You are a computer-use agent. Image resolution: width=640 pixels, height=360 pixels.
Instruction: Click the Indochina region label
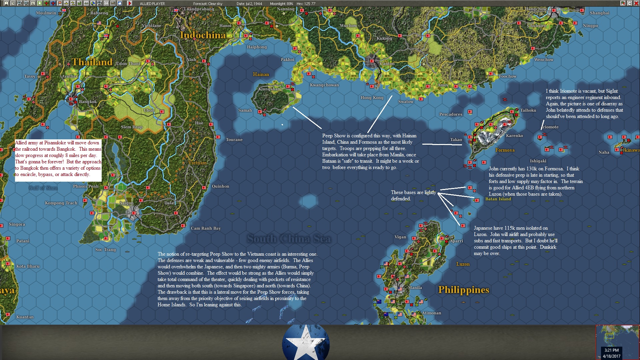click(x=203, y=35)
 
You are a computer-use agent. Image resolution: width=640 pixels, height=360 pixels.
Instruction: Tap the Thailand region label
click(x=92, y=62)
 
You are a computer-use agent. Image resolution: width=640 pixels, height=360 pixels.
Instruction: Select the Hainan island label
click(x=261, y=74)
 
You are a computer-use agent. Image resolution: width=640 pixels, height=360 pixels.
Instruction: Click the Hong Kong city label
click(x=372, y=98)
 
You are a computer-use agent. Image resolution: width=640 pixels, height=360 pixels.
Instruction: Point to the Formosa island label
click(x=505, y=150)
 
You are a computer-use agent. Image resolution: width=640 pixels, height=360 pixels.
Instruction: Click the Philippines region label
click(x=463, y=290)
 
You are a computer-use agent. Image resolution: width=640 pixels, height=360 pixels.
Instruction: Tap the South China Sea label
click(x=289, y=239)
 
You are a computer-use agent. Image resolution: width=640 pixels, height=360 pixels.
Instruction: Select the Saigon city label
click(x=126, y=203)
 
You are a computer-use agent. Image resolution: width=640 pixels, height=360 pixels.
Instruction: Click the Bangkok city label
click(x=88, y=102)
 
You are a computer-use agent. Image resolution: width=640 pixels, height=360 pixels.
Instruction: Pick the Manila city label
click(x=415, y=287)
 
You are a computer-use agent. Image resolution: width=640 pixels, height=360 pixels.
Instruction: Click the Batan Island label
click(x=498, y=199)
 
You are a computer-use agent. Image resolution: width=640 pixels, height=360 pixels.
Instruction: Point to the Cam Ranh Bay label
click(x=206, y=228)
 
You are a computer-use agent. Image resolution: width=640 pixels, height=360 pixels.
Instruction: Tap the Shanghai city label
click(x=599, y=13)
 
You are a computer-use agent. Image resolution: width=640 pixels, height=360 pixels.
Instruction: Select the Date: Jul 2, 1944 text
click(x=249, y=4)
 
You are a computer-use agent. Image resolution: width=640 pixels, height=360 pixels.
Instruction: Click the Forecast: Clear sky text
click(x=207, y=4)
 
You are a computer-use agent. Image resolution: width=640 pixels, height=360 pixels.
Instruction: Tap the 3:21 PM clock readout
click(x=611, y=350)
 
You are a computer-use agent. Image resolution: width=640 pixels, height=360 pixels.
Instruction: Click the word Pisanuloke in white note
click(x=55, y=143)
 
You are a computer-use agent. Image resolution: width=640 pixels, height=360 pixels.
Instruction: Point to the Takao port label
click(x=456, y=140)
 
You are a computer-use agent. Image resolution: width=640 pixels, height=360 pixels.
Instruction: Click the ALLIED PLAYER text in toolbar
click(x=152, y=4)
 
